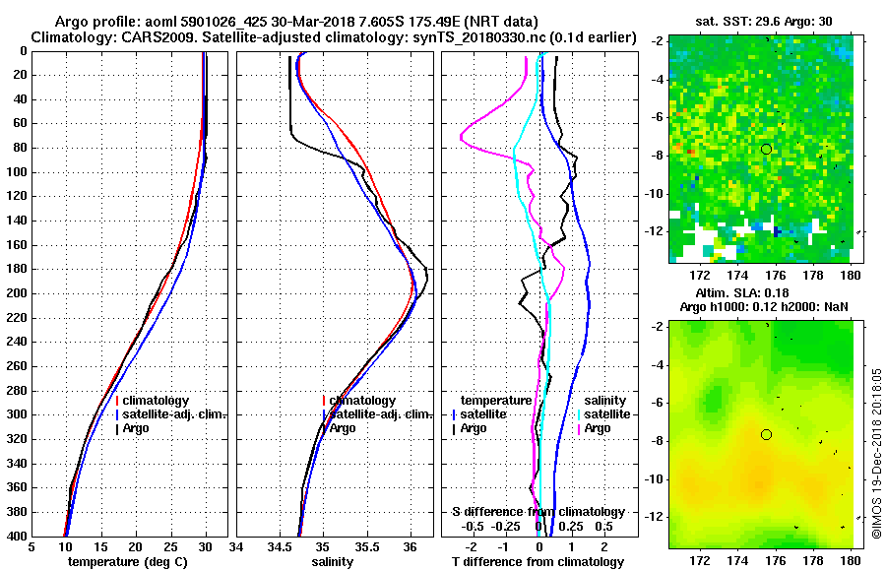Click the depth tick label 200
pyautogui.click(x=17, y=293)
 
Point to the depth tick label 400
pyautogui.click(x=17, y=536)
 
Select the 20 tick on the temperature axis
pyautogui.click(x=135, y=547)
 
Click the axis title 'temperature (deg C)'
pyautogui.click(x=126, y=562)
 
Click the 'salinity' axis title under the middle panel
pyautogui.click(x=332, y=562)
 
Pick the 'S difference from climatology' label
pyautogui.click(x=538, y=512)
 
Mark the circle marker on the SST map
pyautogui.click(x=767, y=149)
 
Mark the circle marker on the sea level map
pyautogui.click(x=767, y=434)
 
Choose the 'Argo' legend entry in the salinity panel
pyautogui.click(x=343, y=428)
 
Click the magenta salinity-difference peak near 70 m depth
pyautogui.click(x=463, y=138)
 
